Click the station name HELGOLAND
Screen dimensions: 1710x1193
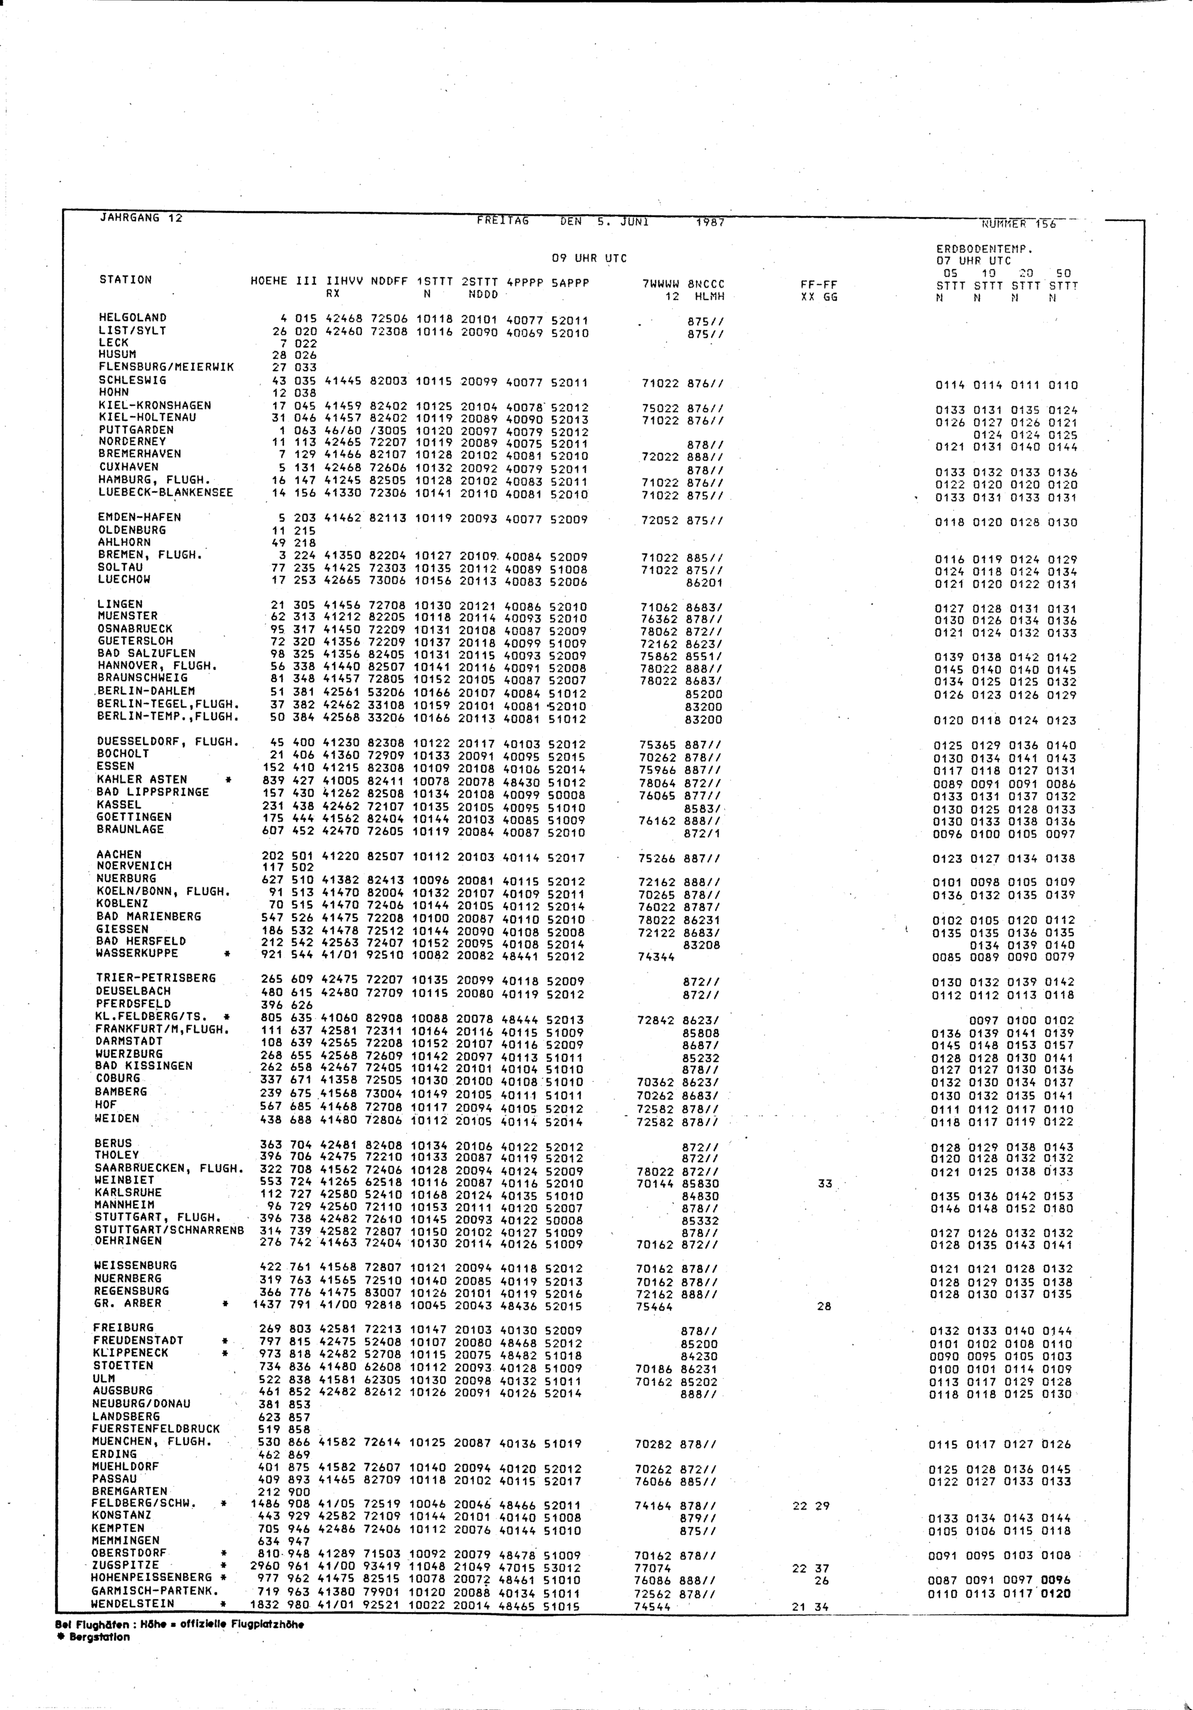tap(132, 317)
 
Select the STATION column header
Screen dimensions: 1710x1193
tap(125, 280)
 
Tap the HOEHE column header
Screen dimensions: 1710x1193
tap(269, 283)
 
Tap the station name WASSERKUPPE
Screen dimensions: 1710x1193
tap(137, 953)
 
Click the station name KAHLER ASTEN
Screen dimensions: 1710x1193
tap(141, 780)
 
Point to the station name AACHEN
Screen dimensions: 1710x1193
tap(119, 854)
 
